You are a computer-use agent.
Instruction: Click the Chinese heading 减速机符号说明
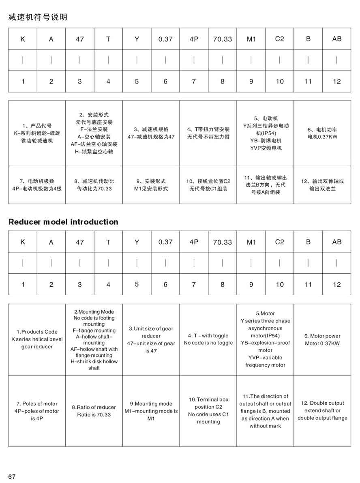[x=38, y=17]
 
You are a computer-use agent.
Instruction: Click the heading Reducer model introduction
[x=63, y=222]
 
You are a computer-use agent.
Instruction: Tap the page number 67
[x=11, y=477]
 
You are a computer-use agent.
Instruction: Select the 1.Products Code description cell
[x=37, y=339]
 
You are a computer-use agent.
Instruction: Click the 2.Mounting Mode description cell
[x=94, y=339]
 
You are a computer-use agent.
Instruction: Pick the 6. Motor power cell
[x=322, y=339]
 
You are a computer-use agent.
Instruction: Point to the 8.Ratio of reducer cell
[x=94, y=411]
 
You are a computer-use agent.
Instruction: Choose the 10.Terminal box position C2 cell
[x=208, y=410]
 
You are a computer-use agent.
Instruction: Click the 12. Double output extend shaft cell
[x=322, y=410]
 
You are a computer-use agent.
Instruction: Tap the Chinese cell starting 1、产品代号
[x=37, y=133]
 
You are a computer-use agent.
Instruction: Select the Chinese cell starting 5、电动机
[x=266, y=133]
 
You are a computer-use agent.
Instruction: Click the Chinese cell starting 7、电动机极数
[x=37, y=185]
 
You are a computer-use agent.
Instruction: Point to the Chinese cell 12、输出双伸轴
[x=322, y=185]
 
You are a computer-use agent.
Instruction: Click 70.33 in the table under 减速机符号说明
[x=222, y=39]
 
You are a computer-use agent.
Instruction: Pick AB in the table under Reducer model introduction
[x=336, y=242]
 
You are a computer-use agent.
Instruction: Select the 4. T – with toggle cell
[x=208, y=339]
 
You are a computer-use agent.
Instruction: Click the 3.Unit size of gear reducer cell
[x=151, y=339]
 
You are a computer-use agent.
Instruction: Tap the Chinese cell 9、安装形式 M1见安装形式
[x=151, y=185]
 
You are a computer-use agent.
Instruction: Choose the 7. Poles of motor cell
[x=37, y=411]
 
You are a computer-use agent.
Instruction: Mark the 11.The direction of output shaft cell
[x=266, y=411]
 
